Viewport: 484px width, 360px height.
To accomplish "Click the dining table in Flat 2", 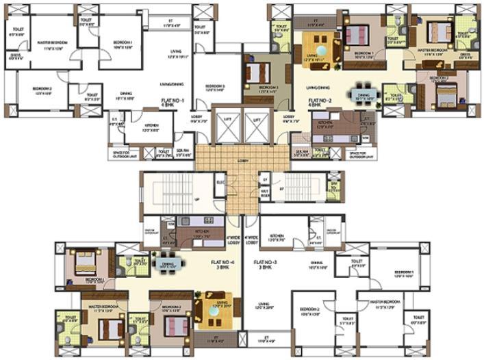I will (363, 96).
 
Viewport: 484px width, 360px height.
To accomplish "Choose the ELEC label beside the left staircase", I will (220, 183).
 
